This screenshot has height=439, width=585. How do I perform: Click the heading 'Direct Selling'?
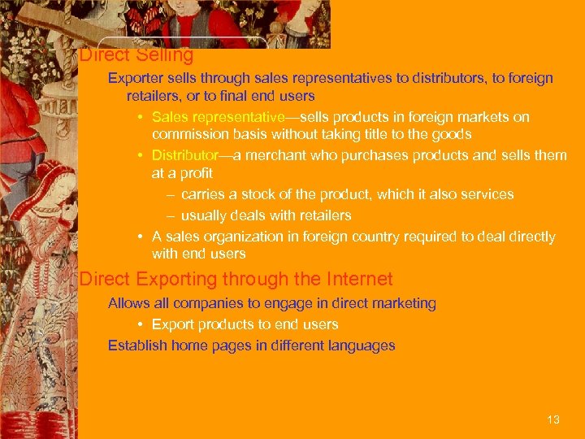136,55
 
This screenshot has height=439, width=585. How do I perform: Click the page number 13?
553,419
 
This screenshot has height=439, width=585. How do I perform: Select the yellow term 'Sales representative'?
217,117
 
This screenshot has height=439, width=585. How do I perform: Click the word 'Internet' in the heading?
359,280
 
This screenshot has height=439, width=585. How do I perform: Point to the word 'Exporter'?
136,79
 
